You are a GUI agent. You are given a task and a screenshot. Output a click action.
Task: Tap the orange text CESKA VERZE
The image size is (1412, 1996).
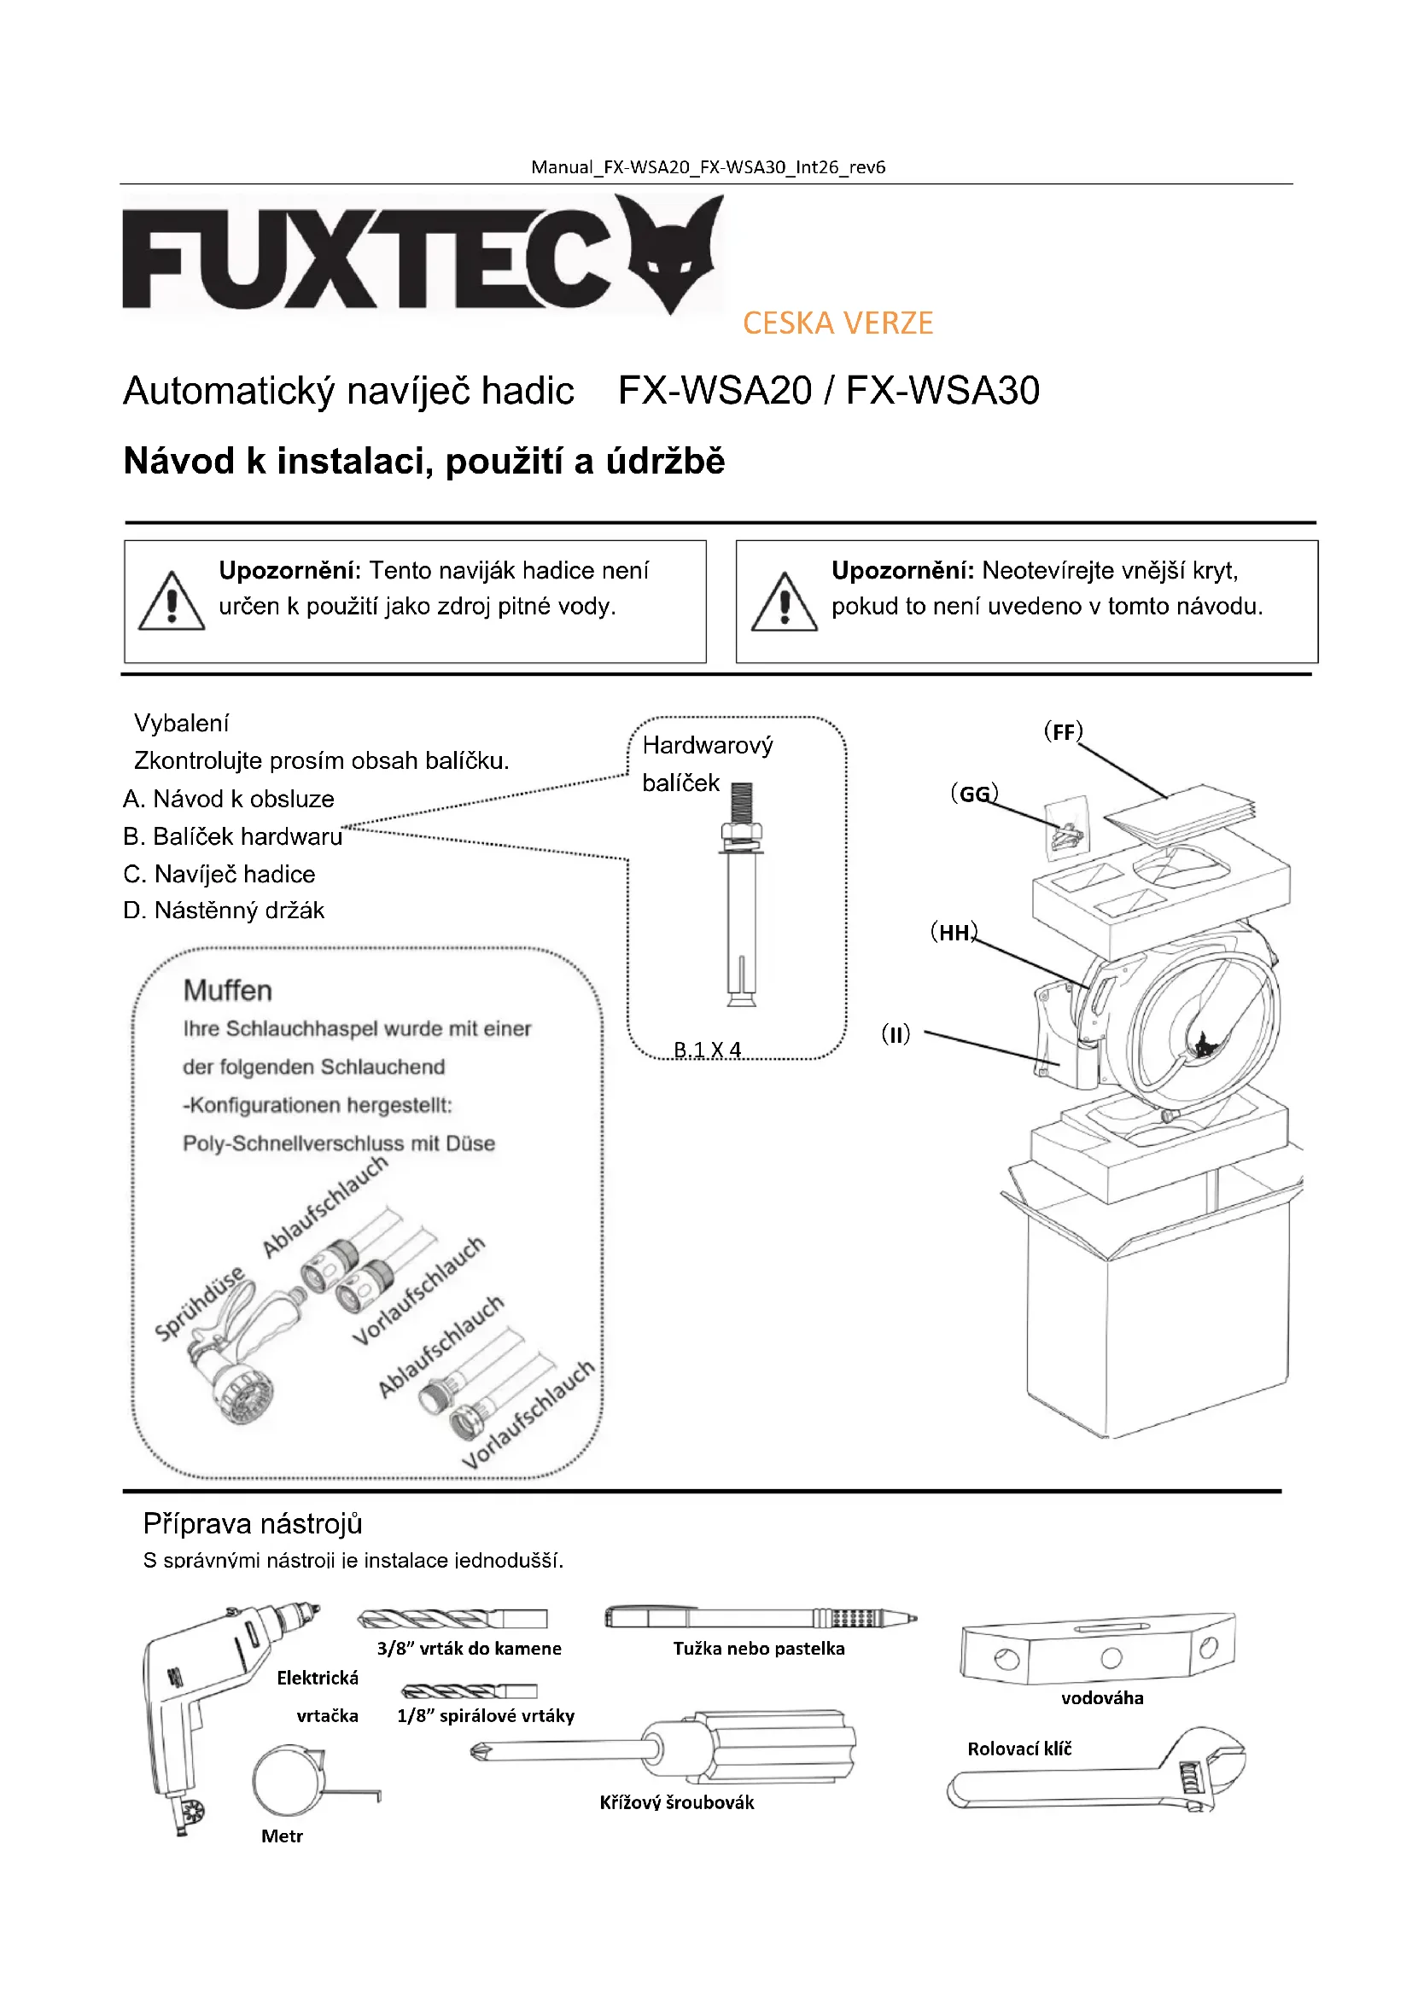[837, 323]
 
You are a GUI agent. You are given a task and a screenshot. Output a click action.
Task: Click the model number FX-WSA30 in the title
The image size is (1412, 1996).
[942, 391]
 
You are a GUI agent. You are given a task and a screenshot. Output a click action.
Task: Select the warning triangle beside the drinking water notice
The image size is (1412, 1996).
[172, 602]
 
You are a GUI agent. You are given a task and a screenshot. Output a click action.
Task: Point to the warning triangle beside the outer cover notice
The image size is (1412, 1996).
[785, 602]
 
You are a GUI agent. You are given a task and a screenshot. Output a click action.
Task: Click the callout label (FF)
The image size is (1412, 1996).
[1063, 732]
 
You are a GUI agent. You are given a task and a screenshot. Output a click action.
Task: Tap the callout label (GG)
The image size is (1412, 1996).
[974, 794]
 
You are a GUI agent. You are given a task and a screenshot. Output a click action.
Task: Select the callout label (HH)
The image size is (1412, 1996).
[954, 933]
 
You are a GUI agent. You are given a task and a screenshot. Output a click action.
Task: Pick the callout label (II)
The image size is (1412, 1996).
[896, 1034]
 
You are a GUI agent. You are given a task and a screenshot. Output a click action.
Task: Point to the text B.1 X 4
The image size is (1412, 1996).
[707, 1050]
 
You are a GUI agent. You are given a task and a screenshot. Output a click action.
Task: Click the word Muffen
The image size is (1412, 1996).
[228, 991]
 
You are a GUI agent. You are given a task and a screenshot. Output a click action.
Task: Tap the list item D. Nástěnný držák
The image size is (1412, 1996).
[225, 911]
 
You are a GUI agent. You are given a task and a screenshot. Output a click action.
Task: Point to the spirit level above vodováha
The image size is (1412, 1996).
[1097, 1649]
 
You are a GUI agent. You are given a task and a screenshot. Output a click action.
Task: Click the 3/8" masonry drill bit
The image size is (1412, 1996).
[452, 1619]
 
